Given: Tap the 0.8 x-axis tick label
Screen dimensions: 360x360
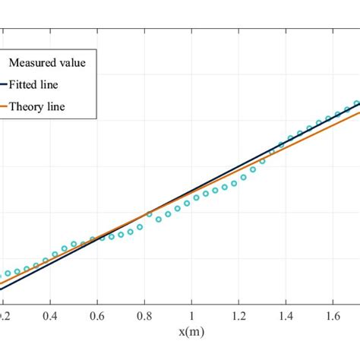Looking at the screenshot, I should (x=144, y=312).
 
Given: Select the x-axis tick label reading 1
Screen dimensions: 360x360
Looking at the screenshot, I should (x=192, y=312).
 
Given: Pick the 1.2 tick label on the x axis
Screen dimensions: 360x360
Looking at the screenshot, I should (x=238, y=312).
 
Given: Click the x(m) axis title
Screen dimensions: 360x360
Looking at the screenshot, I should (x=192, y=332).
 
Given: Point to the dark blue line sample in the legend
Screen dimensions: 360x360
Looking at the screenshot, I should (x=3, y=85).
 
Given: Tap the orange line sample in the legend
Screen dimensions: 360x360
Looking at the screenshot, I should (x=3, y=107).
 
